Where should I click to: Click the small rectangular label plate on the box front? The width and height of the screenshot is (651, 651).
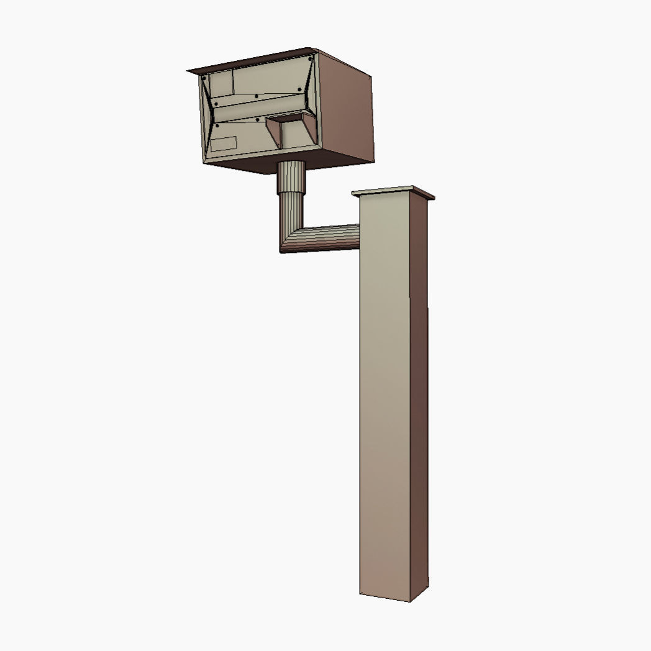(x=223, y=143)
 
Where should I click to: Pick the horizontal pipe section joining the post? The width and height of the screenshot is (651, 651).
(x=329, y=237)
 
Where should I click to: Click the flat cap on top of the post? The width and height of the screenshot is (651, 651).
(x=393, y=192)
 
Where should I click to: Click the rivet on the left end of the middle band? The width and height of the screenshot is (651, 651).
(x=216, y=103)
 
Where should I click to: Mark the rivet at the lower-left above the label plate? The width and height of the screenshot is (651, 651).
(x=216, y=125)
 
